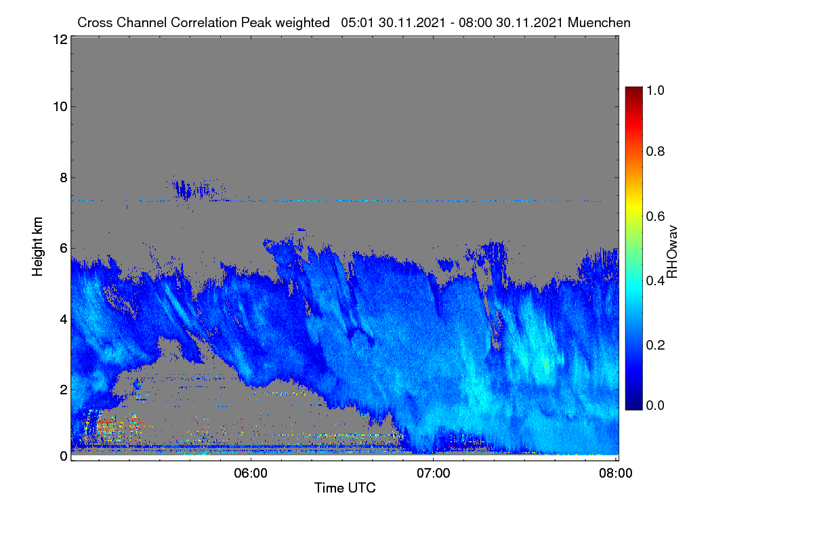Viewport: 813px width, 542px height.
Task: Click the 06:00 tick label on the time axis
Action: pos(251,474)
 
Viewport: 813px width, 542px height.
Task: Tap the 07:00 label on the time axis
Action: pos(433,474)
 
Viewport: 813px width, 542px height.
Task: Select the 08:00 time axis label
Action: pos(616,474)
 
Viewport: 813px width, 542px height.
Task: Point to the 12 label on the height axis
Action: pos(60,39)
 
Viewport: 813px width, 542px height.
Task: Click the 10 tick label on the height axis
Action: pos(60,107)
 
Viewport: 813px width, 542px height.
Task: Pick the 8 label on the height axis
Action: pos(64,178)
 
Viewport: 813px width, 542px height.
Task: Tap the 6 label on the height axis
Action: pos(64,249)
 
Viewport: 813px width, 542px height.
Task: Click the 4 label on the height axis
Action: pos(64,320)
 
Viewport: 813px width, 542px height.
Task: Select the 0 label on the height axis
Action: pos(64,456)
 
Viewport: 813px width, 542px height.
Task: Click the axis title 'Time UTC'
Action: pos(345,488)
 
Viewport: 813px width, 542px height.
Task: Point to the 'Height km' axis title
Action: pos(37,247)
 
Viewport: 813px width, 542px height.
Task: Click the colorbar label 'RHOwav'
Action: pos(672,252)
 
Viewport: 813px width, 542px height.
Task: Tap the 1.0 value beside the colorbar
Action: pos(655,90)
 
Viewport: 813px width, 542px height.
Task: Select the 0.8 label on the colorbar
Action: pos(655,151)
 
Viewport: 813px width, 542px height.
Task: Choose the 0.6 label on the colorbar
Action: pos(655,216)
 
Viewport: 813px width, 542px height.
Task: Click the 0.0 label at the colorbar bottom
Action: pos(655,405)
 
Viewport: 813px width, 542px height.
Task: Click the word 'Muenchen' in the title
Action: pos(599,22)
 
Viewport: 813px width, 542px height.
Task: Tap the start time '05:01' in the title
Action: pos(358,22)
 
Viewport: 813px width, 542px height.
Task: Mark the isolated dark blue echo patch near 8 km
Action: pos(192,190)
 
